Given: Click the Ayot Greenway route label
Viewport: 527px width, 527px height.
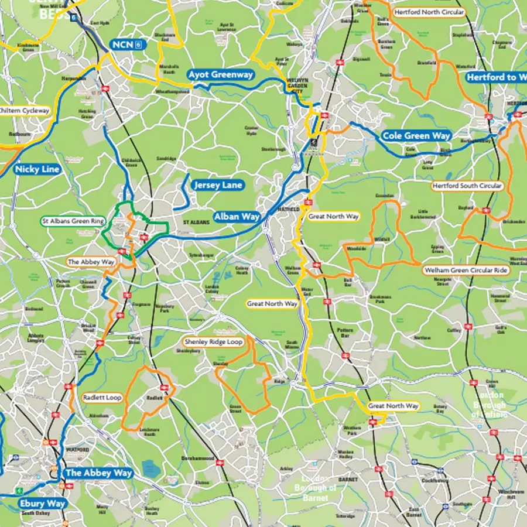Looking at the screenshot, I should coord(221,75).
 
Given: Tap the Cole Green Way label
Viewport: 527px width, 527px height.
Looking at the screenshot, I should coord(416,136).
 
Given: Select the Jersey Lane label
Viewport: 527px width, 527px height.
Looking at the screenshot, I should coord(218,185).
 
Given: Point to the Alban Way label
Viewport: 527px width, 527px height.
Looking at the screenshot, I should coord(237,217).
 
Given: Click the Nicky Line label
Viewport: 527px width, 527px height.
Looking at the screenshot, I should coord(37,169).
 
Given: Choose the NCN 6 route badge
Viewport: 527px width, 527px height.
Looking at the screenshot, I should coord(127,45).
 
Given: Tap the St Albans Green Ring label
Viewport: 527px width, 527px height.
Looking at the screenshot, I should coord(73,221).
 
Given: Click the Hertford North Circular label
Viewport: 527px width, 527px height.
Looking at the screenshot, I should coord(429,12).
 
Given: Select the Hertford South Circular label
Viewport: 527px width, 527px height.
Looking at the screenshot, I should coord(467,186).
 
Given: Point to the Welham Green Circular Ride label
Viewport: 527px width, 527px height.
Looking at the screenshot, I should coord(467,271).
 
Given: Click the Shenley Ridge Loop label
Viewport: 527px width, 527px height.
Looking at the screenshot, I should coord(213,342).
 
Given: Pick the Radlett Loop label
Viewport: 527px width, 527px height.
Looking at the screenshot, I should coord(102,398).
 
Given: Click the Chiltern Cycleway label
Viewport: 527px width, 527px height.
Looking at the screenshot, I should coord(25,110).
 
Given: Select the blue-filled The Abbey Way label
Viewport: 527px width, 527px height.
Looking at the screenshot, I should coord(99,473).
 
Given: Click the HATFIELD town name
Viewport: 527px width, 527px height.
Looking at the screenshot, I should coord(292,208).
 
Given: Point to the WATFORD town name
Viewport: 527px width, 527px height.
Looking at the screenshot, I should coord(78,450).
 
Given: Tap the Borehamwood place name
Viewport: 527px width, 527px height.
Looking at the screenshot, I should coord(198,458).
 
